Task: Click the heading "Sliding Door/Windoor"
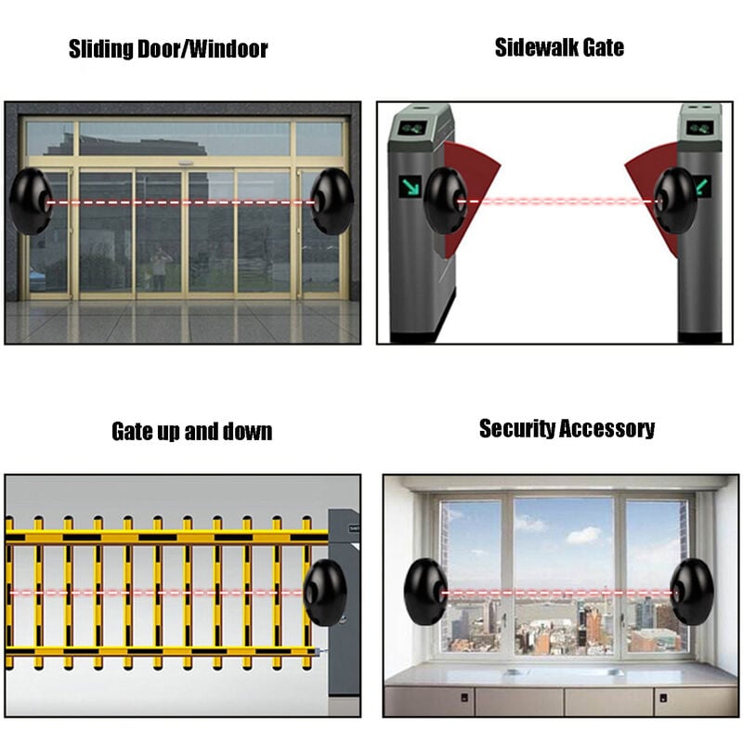pyautogui.click(x=168, y=49)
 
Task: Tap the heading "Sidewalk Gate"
pyautogui.click(x=559, y=47)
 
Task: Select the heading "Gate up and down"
pyautogui.click(x=192, y=432)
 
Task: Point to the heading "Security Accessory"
pyautogui.click(x=567, y=429)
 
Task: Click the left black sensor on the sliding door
pyautogui.click(x=31, y=202)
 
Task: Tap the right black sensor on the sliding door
pyautogui.click(x=332, y=202)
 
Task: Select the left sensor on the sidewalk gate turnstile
pyautogui.click(x=446, y=200)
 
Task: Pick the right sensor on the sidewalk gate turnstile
pyautogui.click(x=676, y=200)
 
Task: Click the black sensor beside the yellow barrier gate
pyautogui.click(x=325, y=593)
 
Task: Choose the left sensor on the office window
pyautogui.click(x=426, y=592)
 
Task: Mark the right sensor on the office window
pyautogui.click(x=692, y=592)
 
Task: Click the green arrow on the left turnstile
pyautogui.click(x=411, y=187)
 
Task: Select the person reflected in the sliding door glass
pyautogui.click(x=160, y=268)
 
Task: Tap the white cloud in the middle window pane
pyautogui.click(x=584, y=535)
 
